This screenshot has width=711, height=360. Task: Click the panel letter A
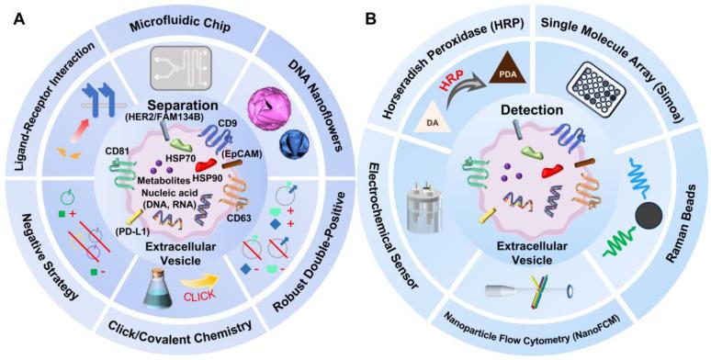[16, 17]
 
